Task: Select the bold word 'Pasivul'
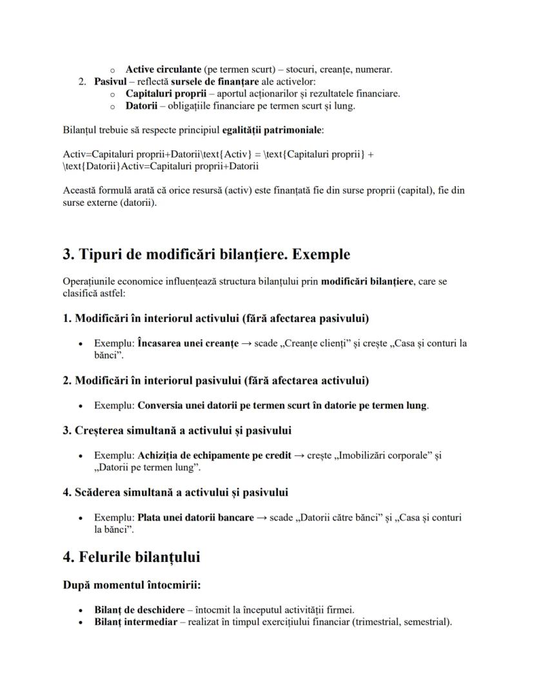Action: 110,81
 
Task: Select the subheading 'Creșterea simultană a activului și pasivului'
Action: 183,430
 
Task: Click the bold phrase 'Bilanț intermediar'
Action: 135,622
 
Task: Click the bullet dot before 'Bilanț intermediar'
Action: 80,623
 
